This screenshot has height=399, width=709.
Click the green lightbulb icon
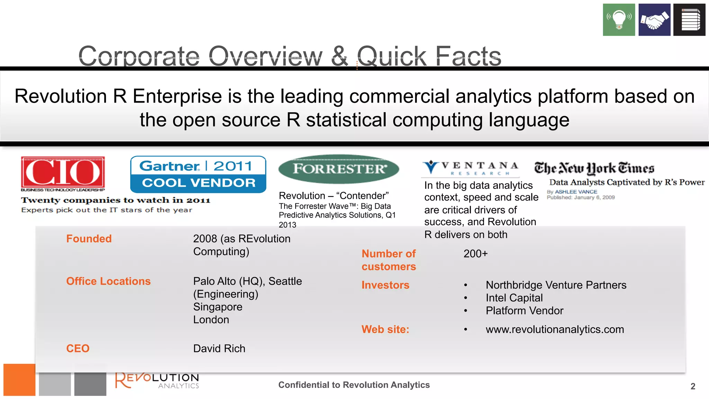click(x=619, y=20)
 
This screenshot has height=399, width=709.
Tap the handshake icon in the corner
click(x=654, y=20)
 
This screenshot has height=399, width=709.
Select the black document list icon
click(x=689, y=20)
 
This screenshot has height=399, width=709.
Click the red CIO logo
click(x=63, y=172)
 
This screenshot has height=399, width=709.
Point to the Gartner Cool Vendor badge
click(x=198, y=174)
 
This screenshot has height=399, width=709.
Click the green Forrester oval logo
click(x=339, y=169)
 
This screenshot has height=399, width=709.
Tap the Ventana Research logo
click(x=470, y=168)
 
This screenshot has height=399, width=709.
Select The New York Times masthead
click(x=594, y=168)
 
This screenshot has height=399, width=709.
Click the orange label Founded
click(x=89, y=239)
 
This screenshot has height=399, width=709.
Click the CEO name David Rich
click(x=219, y=348)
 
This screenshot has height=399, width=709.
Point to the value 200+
click(x=475, y=254)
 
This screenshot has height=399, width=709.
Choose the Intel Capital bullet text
click(x=514, y=298)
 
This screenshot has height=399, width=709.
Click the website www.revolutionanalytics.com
click(x=555, y=329)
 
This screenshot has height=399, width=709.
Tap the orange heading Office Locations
click(x=108, y=281)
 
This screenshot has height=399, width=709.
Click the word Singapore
click(x=218, y=307)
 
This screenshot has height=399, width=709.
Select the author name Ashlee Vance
click(x=576, y=192)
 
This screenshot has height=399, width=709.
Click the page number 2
click(x=693, y=386)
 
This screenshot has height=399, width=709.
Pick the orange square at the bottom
click(x=19, y=380)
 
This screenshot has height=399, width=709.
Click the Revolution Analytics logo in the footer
click(x=157, y=381)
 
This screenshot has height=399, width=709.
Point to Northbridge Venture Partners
click(x=556, y=285)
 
